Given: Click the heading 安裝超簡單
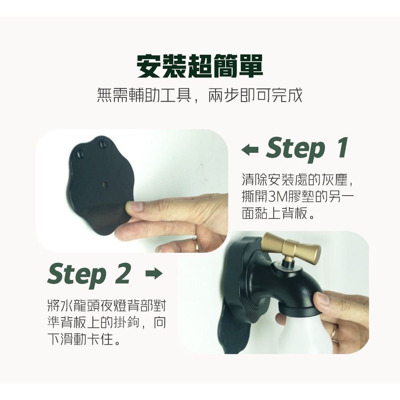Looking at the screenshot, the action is coord(200,66).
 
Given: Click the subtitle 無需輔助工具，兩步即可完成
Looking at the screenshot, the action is coord(200,95).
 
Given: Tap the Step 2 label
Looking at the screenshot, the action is coord(89,275).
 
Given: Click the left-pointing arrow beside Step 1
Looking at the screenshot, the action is coord(250,150).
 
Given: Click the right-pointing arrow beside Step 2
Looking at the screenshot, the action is coord(154,274).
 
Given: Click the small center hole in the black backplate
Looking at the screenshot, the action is coord(104,184).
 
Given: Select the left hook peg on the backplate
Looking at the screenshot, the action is coord(82,154).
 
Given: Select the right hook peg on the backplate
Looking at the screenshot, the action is coord(104,144).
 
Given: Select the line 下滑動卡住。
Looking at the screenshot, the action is coord(84,339).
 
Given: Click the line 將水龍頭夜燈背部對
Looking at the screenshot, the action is coord(107,306).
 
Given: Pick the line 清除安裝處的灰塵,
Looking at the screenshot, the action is coord(298,180).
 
